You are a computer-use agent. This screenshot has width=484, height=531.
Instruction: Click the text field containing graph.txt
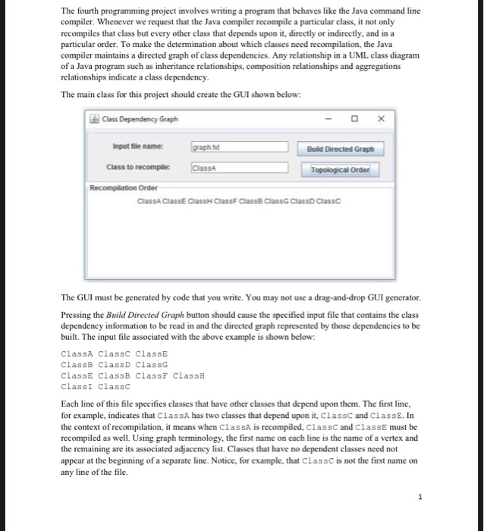pos(239,147)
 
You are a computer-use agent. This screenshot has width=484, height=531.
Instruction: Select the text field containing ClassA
pos(239,168)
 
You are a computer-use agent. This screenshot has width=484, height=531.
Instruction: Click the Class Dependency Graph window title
pos(137,119)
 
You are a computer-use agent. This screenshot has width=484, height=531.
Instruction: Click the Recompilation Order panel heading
pos(120,187)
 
